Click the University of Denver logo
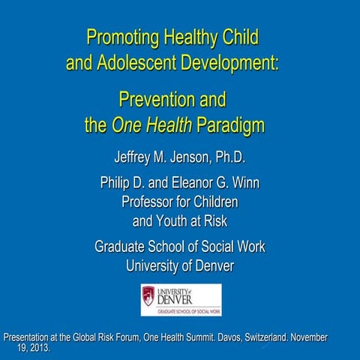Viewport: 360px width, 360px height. tap(181, 299)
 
